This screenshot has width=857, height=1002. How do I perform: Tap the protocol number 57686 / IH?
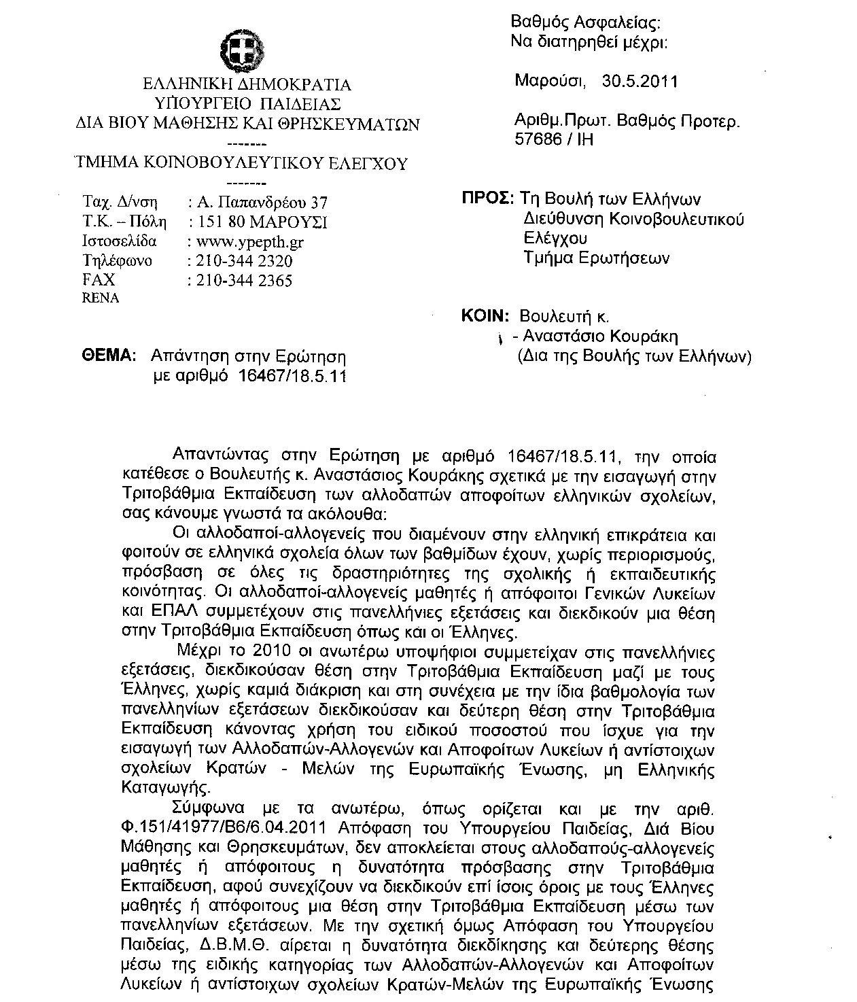pyautogui.click(x=555, y=139)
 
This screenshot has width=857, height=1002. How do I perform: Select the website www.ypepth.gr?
pyautogui.click(x=249, y=242)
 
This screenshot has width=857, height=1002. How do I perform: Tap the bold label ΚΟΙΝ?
pyautogui.click(x=485, y=316)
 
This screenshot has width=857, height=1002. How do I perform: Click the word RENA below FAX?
pyautogui.click(x=100, y=298)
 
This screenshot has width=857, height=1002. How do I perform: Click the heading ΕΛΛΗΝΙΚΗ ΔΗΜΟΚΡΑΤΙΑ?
pyautogui.click(x=247, y=85)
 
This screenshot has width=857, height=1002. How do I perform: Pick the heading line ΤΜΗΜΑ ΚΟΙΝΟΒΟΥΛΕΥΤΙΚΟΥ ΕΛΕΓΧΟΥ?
pyautogui.click(x=241, y=163)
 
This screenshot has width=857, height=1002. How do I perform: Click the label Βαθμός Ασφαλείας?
pyautogui.click(x=585, y=24)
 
